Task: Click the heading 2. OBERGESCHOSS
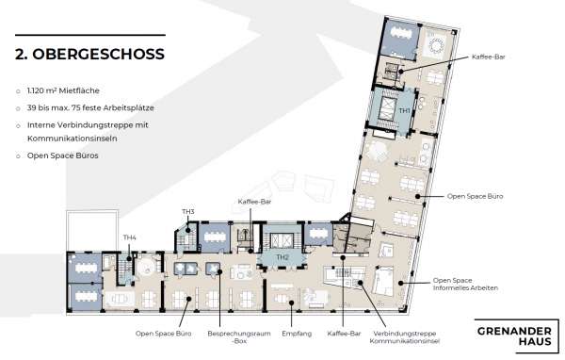89,54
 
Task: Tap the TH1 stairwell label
405,110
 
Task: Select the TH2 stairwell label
282,257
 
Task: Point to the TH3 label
188,211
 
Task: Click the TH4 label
129,237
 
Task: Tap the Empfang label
297,334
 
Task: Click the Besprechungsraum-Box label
239,337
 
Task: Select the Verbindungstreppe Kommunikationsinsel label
405,337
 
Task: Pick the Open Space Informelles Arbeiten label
465,284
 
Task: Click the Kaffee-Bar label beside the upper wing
488,57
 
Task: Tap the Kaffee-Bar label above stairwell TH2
254,202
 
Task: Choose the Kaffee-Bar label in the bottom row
344,334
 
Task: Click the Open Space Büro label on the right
475,196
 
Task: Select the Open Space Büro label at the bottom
163,334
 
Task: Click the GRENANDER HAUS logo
516,335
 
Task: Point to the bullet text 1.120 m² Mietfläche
63,90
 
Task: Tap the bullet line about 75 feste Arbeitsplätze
90,107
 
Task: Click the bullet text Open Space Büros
63,155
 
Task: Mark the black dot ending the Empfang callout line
291,303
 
